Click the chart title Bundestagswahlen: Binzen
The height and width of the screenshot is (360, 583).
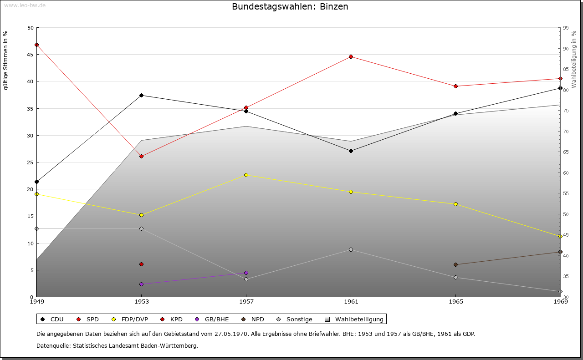coord(290,7)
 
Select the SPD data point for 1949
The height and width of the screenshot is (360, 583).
coord(36,45)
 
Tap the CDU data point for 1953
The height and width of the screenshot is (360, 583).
coord(141,95)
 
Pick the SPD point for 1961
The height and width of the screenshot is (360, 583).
coord(351,56)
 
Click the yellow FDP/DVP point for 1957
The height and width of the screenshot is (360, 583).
coord(246,175)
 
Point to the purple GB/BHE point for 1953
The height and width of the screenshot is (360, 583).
coord(141,284)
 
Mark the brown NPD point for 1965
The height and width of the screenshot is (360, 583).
coord(455,264)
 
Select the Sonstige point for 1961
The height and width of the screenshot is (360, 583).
coord(351,249)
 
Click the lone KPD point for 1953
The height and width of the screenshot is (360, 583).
coord(141,264)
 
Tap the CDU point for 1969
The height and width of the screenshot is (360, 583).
coord(560,88)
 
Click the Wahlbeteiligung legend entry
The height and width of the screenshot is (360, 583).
coord(355,319)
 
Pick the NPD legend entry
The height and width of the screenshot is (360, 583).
coord(254,319)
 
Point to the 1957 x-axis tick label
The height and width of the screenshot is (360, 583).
coord(246,301)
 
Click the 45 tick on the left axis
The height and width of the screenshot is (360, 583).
coord(30,55)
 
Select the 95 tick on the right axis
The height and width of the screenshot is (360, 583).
coord(566,28)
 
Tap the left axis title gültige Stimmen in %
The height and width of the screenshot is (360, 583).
coord(6,60)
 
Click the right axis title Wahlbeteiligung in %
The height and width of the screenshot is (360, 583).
coord(573,59)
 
